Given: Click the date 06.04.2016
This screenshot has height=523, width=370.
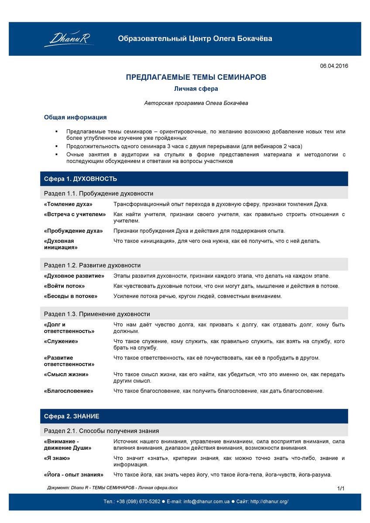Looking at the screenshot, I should (334, 66).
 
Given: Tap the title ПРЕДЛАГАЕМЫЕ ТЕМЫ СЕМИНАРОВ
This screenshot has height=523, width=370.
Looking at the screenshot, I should (196, 77).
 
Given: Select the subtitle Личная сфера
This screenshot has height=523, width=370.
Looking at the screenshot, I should (196, 88).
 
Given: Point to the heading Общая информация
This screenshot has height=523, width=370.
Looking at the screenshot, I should (75, 117).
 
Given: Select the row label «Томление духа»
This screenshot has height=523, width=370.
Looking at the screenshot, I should (68, 204).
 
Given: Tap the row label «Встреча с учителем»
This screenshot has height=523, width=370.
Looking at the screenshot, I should (75, 214).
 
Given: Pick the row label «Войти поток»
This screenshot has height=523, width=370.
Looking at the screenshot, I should (64, 286).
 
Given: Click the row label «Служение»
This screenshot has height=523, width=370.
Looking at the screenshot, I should (61, 341).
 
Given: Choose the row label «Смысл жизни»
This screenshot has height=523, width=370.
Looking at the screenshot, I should (66, 374).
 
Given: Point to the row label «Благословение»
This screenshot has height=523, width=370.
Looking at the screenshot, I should (69, 391).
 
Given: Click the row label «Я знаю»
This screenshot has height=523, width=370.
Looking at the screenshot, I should (57, 458).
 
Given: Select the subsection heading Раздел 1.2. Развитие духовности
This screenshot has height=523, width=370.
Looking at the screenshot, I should (92, 265).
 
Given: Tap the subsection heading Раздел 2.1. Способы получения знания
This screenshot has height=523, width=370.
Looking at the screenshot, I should (101, 431).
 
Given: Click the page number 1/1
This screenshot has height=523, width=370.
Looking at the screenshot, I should (341, 488).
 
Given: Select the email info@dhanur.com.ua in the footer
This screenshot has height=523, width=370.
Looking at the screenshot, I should (206, 501).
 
